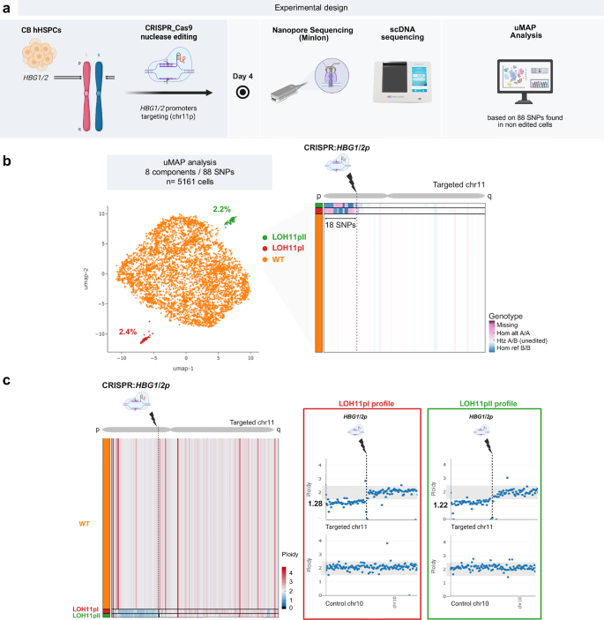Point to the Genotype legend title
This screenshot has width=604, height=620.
[x=506, y=314]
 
